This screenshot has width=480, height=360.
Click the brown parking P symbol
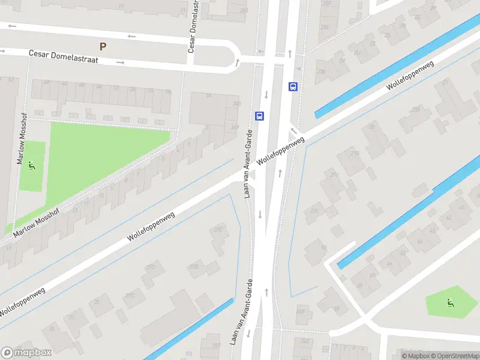[103, 46]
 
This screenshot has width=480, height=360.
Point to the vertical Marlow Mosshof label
[22, 145]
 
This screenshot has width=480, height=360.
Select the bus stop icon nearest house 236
[293, 86]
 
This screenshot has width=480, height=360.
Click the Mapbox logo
[26, 353]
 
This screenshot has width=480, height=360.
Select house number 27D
[151, 267]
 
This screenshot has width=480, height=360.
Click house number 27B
[194, 266]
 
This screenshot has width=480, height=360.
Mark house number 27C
[130, 295]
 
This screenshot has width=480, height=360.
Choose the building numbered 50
[323, 247]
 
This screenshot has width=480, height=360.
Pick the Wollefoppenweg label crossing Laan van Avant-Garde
[281, 150]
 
